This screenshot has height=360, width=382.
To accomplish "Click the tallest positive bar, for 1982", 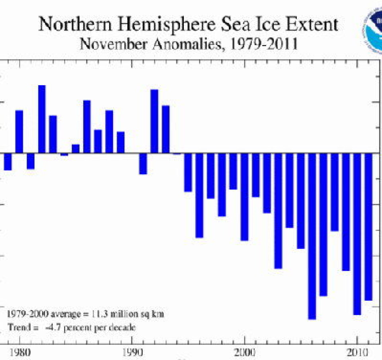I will click(x=42, y=119).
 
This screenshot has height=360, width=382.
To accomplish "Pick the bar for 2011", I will click(x=368, y=227).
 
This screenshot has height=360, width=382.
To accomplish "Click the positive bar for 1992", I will click(x=154, y=121).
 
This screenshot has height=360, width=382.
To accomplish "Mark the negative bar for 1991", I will click(x=143, y=164).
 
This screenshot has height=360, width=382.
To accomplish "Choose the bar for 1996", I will click(x=199, y=195).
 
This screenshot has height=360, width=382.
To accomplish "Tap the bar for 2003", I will click(x=278, y=211).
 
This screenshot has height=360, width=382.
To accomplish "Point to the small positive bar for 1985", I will click(x=76, y=149).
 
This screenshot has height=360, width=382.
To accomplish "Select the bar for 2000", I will click(x=244, y=197).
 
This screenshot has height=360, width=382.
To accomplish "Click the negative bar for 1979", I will click(x=8, y=162).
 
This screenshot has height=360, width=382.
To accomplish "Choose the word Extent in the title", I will click(x=310, y=25).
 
